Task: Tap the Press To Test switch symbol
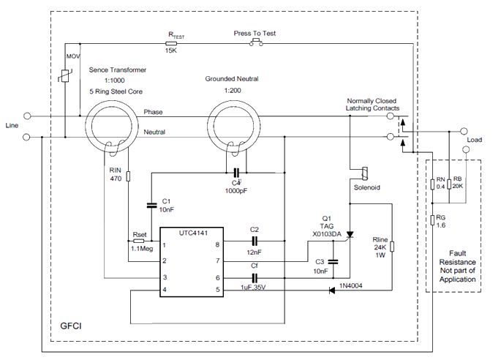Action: point(256,43)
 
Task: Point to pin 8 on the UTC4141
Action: point(218,246)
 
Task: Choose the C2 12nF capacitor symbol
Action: point(255,240)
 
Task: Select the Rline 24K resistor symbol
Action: point(392,247)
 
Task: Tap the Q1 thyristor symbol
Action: point(350,235)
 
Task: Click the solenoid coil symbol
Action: point(361,173)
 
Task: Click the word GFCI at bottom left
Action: point(71,322)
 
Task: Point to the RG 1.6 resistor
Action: point(432,220)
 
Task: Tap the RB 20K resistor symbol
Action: point(448,184)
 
